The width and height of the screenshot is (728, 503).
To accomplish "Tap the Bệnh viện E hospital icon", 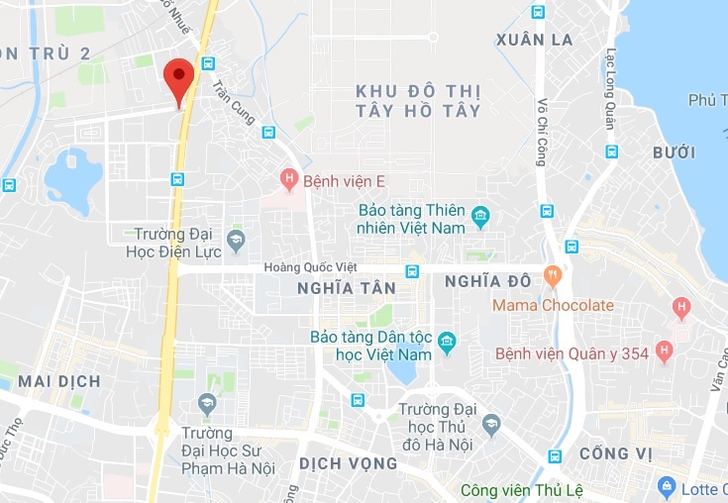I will [288, 179].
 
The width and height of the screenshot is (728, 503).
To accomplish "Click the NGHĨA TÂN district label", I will [346, 288].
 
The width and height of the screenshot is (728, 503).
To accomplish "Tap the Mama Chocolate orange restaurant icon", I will [553, 273].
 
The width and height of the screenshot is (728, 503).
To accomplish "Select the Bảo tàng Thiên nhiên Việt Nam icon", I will [480, 215].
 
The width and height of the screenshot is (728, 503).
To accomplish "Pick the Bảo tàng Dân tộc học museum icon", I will [448, 344].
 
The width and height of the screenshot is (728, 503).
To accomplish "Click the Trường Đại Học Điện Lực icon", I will [236, 239].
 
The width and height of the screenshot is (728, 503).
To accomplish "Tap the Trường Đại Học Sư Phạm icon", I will [207, 404].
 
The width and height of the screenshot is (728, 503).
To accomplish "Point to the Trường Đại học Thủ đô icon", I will [489, 425].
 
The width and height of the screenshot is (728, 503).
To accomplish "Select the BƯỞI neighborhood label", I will [674, 152].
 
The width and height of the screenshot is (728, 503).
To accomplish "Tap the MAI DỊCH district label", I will [58, 381].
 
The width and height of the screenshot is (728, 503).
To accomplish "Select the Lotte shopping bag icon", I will [667, 487].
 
